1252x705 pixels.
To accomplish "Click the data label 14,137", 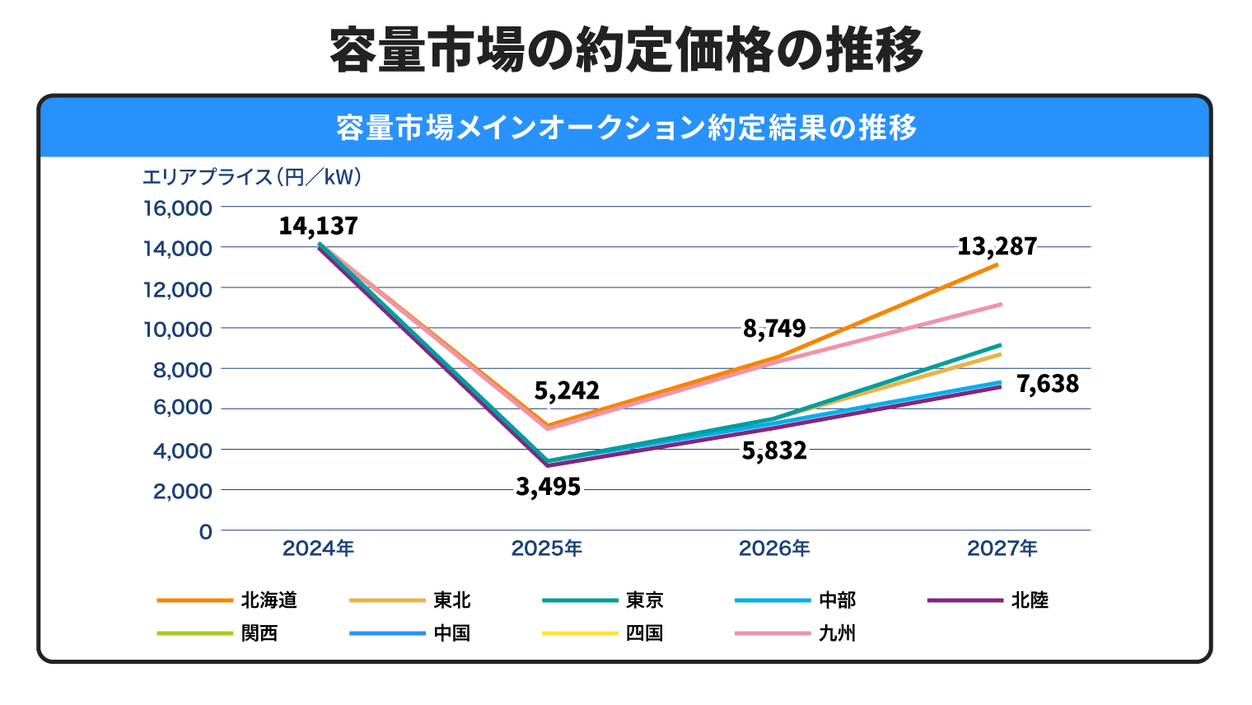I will [x=318, y=226].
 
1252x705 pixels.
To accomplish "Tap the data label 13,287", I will [x=997, y=246].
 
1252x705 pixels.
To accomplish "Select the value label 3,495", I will [x=548, y=487].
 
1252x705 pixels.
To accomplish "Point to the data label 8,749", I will [x=774, y=329].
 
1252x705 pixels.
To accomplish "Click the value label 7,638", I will [x=1047, y=384].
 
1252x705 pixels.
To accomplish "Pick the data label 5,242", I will [x=567, y=390].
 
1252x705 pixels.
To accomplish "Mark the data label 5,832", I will [x=774, y=451].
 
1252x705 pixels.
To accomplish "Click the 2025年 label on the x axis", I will [x=546, y=549].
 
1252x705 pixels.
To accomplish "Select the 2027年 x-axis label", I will [x=1002, y=549].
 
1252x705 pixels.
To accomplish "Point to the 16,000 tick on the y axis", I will [x=178, y=208].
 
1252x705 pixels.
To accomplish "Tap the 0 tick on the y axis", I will [x=206, y=532].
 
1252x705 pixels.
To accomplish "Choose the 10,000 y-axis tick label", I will [x=178, y=329].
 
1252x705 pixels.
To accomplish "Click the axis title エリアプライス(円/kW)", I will [x=252, y=177].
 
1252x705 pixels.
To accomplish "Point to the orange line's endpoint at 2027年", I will [x=998, y=264].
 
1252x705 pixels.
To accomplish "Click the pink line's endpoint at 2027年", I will [x=1002, y=304].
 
